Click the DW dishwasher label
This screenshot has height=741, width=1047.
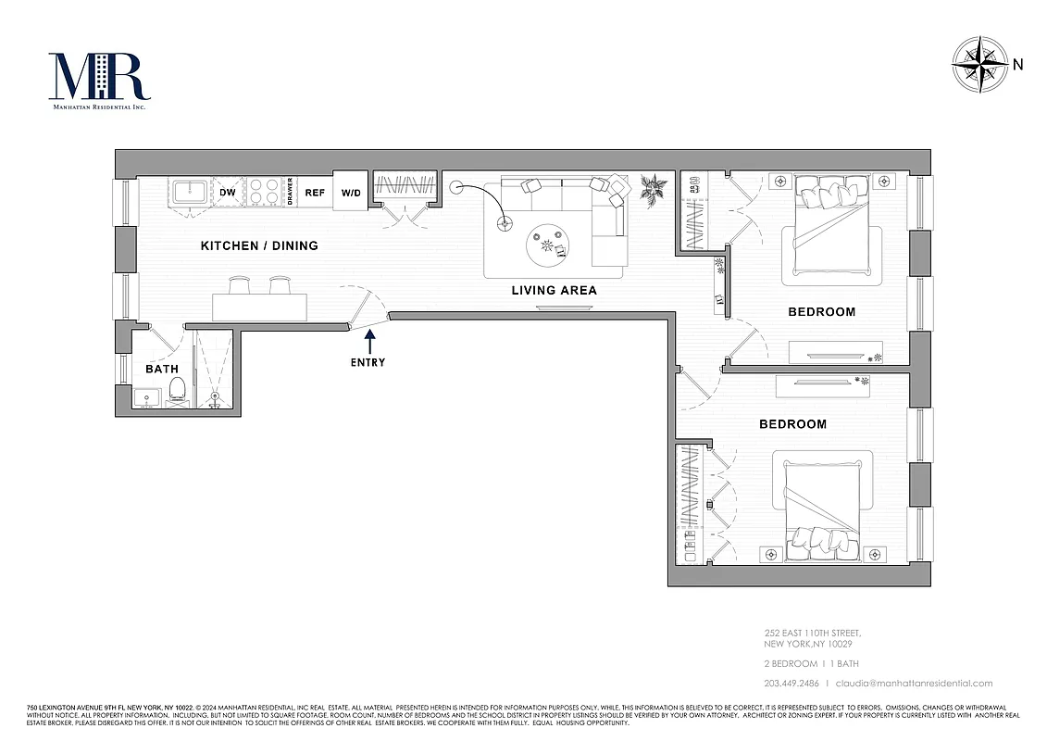coord(228,193)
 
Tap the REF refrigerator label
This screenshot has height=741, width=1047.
coord(315,193)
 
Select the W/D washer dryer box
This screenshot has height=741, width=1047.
coord(351,193)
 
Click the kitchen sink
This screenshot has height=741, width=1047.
coord(192,194)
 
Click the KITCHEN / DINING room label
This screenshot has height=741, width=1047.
coord(259,245)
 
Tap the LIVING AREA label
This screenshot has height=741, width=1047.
coord(554,291)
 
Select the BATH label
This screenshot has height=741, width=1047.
coord(161,369)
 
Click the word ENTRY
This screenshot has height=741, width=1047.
coord(368,362)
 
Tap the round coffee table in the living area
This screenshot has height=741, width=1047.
coord(554,245)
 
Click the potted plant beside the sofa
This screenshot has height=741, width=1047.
coord(654,190)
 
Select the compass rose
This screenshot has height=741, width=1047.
coord(980,65)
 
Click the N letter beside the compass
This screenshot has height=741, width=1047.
coord(1018,65)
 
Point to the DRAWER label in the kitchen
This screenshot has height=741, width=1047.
coord(290,192)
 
